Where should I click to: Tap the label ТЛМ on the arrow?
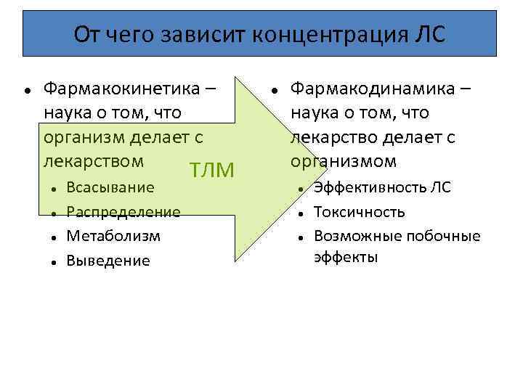tap(211, 171)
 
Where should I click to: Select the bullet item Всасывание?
tap(110, 187)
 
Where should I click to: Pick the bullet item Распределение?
tap(123, 212)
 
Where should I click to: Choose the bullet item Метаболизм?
tap(113, 236)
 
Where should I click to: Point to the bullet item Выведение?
tap(108, 261)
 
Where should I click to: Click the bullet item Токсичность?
tap(359, 212)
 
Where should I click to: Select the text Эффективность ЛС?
tap(382, 187)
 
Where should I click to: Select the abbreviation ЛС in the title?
tap(429, 34)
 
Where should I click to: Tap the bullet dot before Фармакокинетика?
tap(26, 90)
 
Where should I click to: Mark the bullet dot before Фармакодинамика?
tap(274, 90)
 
